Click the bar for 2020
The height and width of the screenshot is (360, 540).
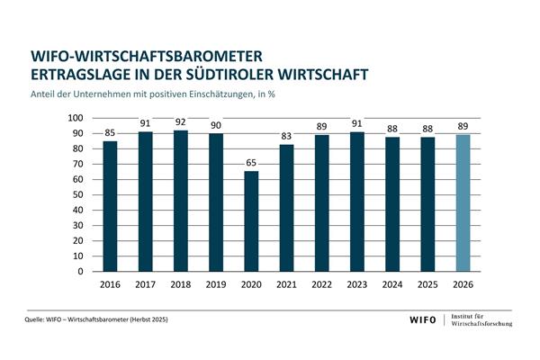(x=251, y=221)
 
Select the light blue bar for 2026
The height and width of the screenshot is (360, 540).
(x=463, y=202)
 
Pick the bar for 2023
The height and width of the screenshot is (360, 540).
(x=357, y=202)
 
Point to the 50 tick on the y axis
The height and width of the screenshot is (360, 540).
(x=79, y=195)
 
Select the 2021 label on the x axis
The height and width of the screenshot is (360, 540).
(x=286, y=284)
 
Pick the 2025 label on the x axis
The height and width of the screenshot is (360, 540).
(x=427, y=284)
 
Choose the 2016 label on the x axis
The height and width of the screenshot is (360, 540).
(x=110, y=284)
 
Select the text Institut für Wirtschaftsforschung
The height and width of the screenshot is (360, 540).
(x=481, y=319)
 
